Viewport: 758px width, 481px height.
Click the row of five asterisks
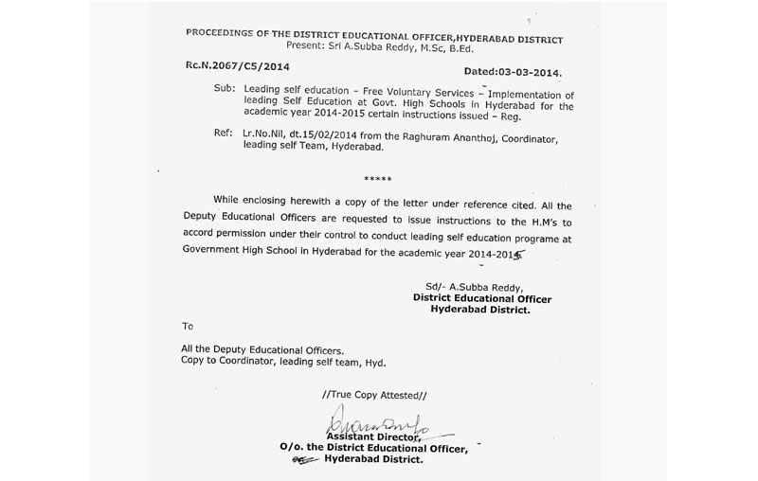[x=379, y=177]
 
